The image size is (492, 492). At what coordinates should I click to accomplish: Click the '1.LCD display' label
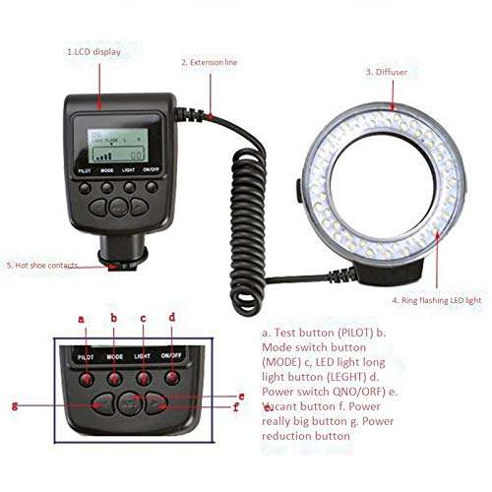coord(94,51)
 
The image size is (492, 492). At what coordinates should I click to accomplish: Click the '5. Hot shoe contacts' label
coord(41,266)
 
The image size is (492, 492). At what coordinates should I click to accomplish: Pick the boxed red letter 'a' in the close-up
coord(82,318)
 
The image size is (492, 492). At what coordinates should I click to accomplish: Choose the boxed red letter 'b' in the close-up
coord(113,318)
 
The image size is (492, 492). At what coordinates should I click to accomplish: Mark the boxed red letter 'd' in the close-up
coord(172,317)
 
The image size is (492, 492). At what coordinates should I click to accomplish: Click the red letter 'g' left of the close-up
coord(14,403)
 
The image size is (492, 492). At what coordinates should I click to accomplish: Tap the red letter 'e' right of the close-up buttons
coord(241,395)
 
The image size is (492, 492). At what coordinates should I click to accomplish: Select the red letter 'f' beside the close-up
coord(237,406)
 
